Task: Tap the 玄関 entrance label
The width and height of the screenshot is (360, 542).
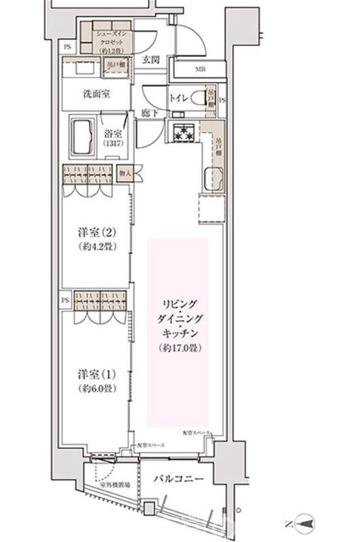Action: click(151, 60)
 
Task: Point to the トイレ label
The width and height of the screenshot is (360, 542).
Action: click(178, 96)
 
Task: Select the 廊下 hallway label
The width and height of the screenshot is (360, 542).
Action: click(151, 112)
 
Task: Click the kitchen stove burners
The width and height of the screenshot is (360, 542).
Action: click(183, 134)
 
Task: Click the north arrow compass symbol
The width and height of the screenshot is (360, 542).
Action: click(303, 522)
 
